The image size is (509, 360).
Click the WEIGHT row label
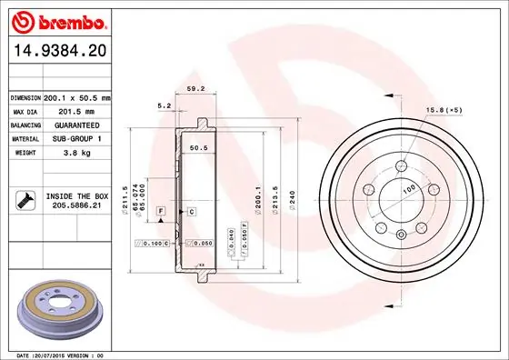[25, 153]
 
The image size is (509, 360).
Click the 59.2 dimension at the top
[194, 89]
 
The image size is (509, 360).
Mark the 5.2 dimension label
[165, 106]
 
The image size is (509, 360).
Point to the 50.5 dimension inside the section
[199, 147]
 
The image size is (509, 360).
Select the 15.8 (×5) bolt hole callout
[444, 111]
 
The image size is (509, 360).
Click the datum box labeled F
[161, 211]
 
